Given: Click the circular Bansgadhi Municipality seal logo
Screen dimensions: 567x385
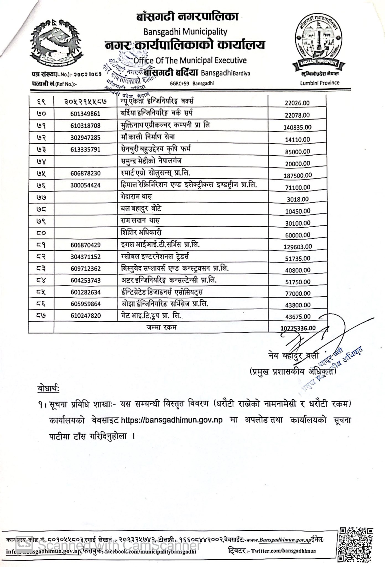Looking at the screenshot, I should point(319,44).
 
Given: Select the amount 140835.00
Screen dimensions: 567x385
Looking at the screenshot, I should point(297,127).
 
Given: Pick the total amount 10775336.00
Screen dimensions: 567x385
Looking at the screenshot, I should point(298,328).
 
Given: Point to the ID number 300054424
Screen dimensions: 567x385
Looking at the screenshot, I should point(85,185).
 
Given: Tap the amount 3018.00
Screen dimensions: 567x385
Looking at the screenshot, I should point(297,199).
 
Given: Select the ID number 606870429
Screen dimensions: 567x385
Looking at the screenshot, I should point(85,245).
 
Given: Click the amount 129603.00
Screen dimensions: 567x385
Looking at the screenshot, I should point(298,247).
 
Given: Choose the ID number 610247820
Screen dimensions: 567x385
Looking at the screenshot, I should point(85,316).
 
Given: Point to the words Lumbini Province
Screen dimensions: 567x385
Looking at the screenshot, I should point(319,83).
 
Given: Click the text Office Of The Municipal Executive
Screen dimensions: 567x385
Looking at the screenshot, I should point(190,60).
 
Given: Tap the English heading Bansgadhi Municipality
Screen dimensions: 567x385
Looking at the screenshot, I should point(185,32).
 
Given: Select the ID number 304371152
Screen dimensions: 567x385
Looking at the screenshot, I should point(85,257).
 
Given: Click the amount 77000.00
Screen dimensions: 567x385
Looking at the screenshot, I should point(297,293).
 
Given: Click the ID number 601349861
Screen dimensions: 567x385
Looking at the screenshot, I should point(85,114).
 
